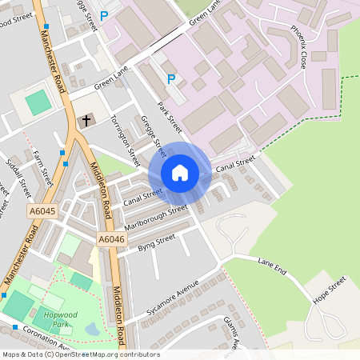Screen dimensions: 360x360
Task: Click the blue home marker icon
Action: [x=180, y=172]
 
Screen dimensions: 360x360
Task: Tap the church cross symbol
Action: [x=85, y=121]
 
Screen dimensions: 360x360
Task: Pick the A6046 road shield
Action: [x=111, y=238]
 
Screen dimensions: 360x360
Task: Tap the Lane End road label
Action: [x=272, y=266]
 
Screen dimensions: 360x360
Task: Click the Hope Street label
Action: [x=329, y=290]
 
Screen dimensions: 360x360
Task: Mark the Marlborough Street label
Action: [x=155, y=217]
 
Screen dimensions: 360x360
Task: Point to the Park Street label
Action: [x=170, y=117]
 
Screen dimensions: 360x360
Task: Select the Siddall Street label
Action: [x=18, y=178]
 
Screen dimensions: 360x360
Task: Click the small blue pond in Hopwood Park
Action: [x=91, y=329]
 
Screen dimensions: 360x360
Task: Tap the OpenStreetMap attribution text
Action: [x=81, y=354]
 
